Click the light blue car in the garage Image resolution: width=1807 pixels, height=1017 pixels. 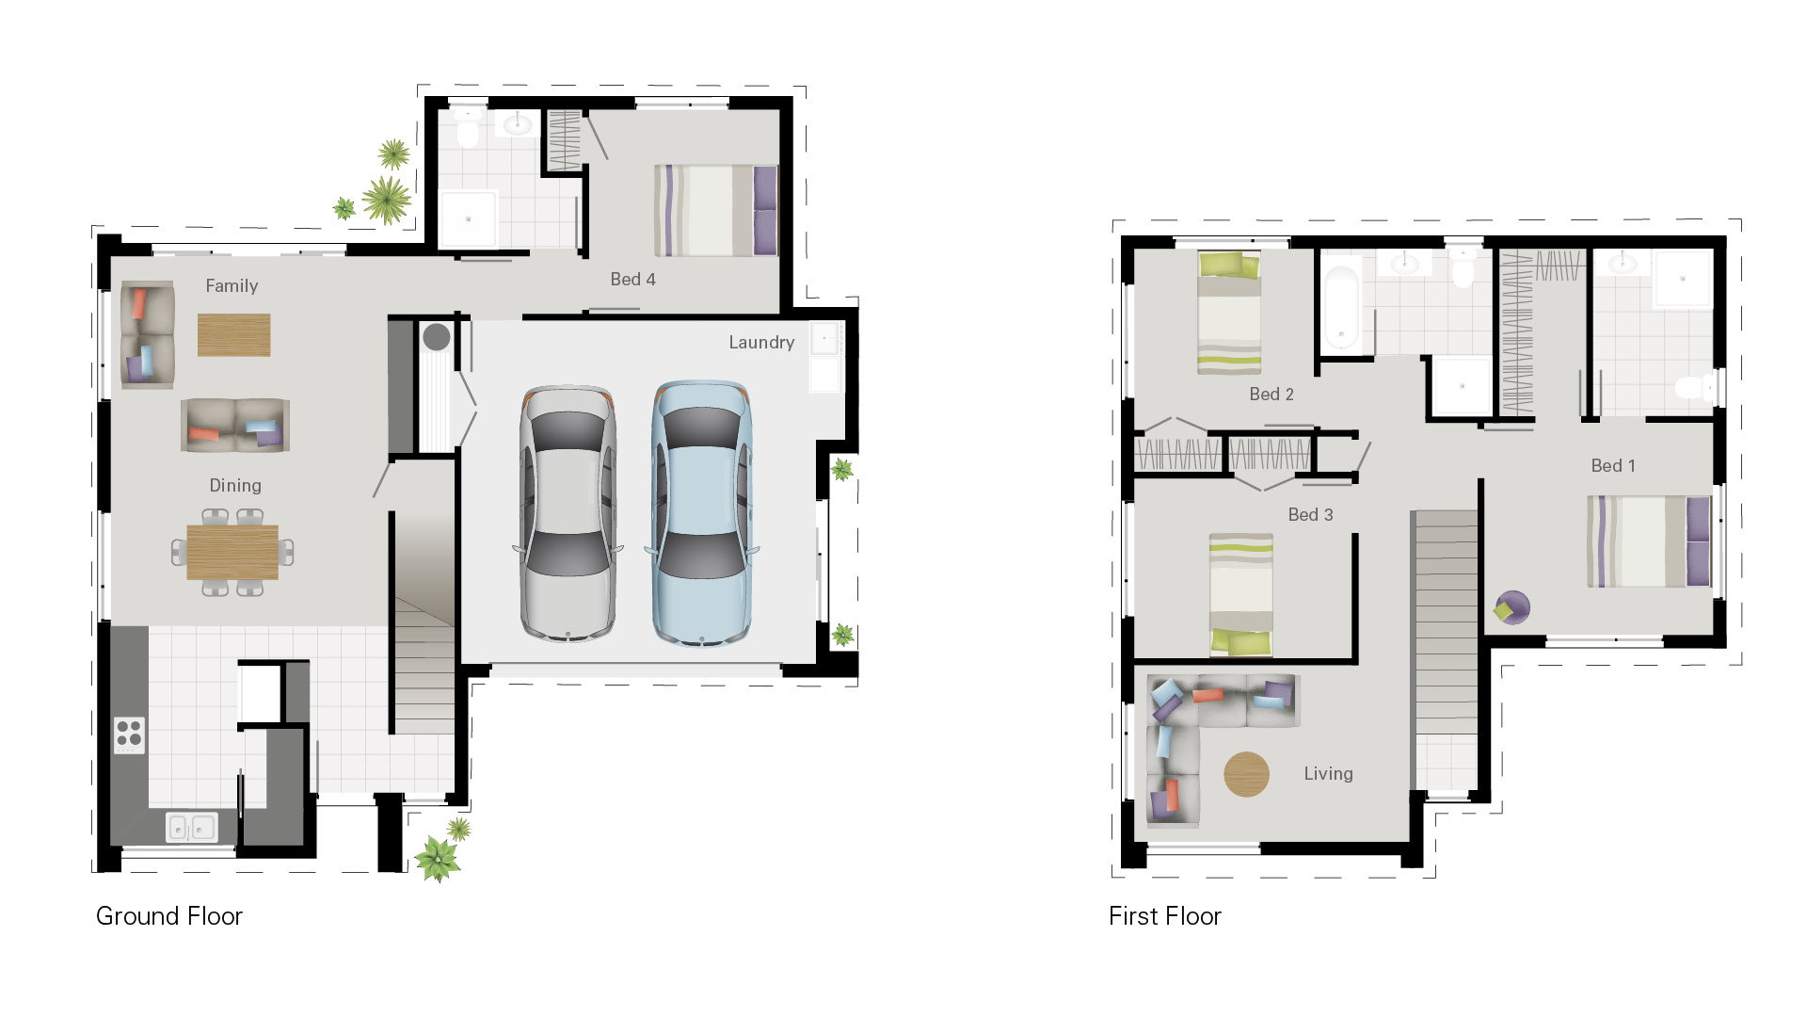702,513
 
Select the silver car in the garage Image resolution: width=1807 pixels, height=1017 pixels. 568,513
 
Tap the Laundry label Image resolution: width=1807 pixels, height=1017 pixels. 761,343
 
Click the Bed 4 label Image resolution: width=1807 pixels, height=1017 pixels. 632,280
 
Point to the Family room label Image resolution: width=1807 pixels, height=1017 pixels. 232,286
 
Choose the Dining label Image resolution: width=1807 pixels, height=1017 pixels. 235,486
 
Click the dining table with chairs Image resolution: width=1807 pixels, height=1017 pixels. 232,552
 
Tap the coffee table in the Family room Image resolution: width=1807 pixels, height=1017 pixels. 233,334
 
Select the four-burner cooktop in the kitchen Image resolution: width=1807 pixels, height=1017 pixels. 130,734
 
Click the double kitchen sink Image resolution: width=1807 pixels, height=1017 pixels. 191,828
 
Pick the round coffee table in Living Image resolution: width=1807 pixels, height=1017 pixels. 1246,774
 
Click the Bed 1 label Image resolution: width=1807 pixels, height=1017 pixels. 1613,466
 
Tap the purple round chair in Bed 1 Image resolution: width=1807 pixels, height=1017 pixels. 1512,607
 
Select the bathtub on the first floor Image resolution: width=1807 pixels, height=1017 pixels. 1340,306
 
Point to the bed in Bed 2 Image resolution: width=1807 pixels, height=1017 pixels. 1229,313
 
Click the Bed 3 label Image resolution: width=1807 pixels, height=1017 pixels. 1310,515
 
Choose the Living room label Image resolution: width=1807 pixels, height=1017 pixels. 1328,774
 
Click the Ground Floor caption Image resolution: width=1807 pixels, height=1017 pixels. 169,916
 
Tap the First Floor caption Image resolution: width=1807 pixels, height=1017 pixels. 1164,916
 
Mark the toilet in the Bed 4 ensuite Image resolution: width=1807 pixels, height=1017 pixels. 468,131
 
